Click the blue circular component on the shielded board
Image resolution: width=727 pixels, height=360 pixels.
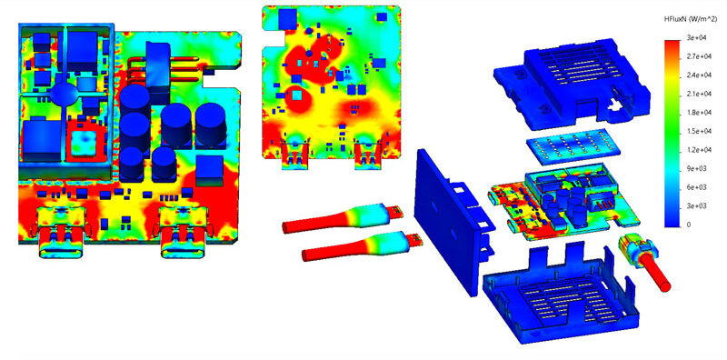pos(64,94)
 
